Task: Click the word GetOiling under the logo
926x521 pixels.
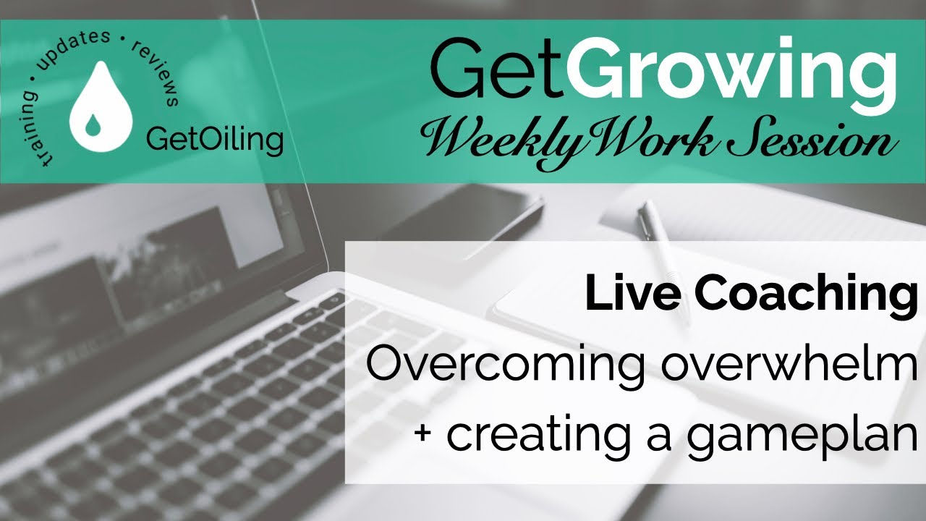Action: click(x=214, y=140)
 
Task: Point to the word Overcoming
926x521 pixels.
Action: click(x=499, y=366)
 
